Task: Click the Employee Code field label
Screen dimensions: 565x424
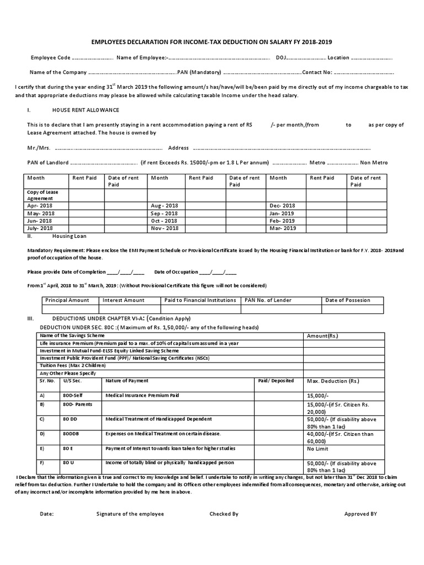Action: coord(50,57)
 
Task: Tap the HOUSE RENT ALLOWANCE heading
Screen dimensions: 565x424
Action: coord(86,110)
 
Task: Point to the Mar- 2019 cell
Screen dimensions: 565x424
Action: coord(283,228)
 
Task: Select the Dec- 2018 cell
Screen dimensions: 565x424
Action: coord(282,205)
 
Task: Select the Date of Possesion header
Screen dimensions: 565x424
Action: coord(348,300)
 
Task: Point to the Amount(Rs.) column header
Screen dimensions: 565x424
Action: coord(322,336)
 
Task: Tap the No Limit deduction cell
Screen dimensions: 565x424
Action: coord(318,449)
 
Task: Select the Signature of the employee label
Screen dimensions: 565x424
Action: coord(130,514)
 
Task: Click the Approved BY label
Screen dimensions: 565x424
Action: coord(360,514)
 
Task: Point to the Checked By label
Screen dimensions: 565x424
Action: coord(224,514)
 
